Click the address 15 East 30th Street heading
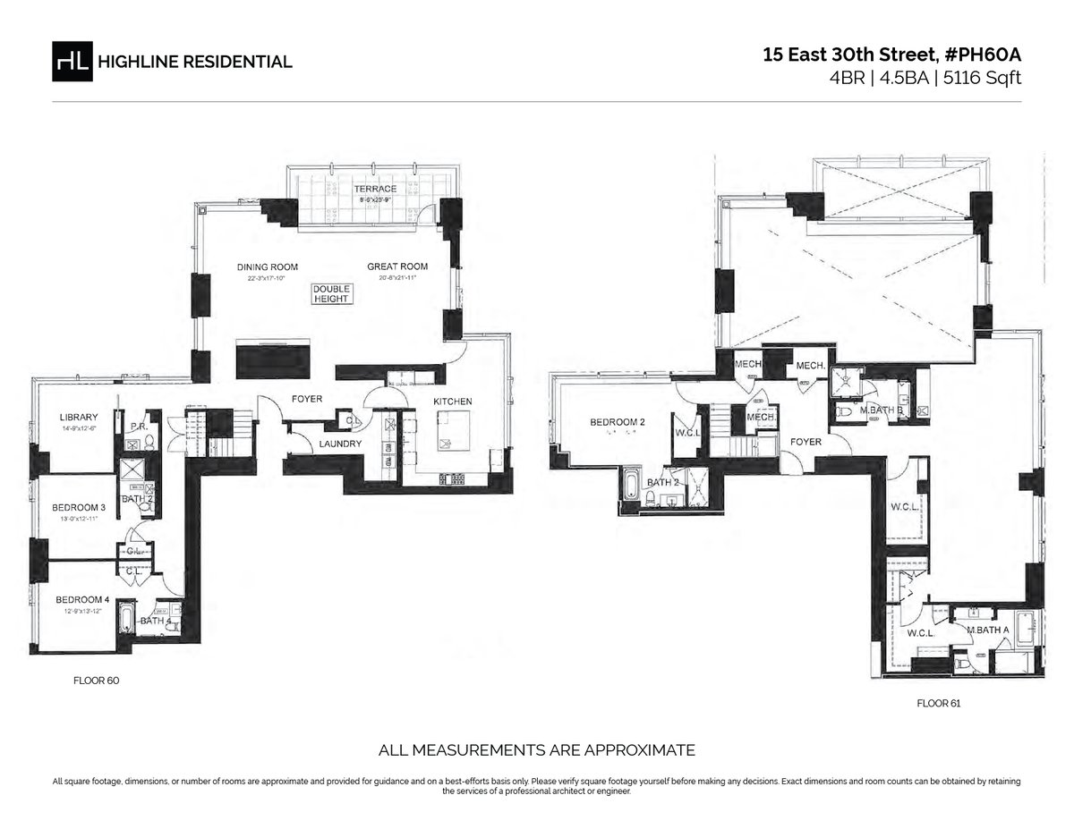point(891,55)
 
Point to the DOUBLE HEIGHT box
point(332,294)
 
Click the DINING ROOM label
point(267,266)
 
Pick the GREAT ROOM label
point(397,266)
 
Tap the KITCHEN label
point(452,402)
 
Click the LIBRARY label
point(79,416)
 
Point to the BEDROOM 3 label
point(79,508)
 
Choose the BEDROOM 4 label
point(81,599)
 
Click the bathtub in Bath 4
point(126,619)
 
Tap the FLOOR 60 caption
point(96,681)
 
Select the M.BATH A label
point(988,630)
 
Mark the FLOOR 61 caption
point(938,704)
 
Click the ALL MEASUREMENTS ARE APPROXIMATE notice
point(537,749)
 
